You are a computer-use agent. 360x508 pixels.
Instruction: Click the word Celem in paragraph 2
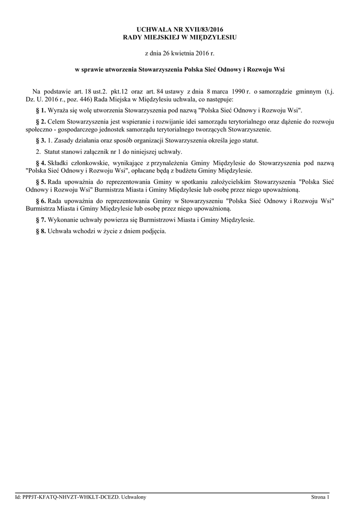click(x=57, y=122)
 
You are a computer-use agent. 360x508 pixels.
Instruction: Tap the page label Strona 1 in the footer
click(x=320, y=497)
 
